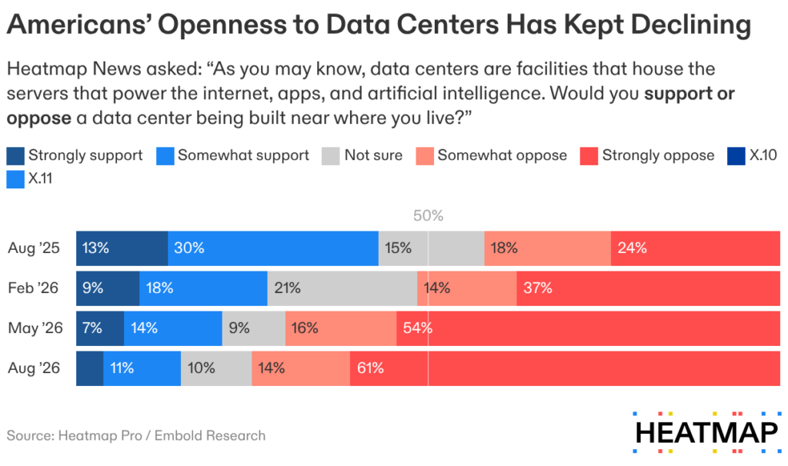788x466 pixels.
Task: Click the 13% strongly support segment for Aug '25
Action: [x=122, y=248]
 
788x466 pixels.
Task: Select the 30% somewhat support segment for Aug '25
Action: [x=273, y=248]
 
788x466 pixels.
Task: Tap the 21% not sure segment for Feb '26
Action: [x=342, y=288]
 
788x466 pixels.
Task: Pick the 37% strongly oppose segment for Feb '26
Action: [x=648, y=288]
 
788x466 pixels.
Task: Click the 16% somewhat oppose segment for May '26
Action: [x=341, y=328]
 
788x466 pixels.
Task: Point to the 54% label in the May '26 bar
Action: [x=418, y=328]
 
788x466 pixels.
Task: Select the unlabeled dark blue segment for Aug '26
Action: [x=90, y=368]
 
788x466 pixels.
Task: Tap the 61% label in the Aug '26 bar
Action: [x=370, y=368]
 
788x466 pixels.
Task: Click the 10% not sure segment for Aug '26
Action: [x=216, y=368]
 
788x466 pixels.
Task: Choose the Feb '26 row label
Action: [x=33, y=288]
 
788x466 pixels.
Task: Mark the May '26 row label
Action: [x=35, y=328]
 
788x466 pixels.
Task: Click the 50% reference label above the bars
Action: [x=428, y=215]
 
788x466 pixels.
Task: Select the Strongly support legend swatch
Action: [x=15, y=156]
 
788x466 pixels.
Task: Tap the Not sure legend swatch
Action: [x=331, y=156]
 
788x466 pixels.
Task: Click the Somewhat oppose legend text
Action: [x=502, y=155]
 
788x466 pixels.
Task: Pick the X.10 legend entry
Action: [x=752, y=155]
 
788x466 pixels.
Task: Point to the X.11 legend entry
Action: [x=29, y=179]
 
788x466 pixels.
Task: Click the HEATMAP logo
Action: [x=707, y=432]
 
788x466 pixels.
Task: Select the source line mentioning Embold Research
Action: [x=136, y=435]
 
